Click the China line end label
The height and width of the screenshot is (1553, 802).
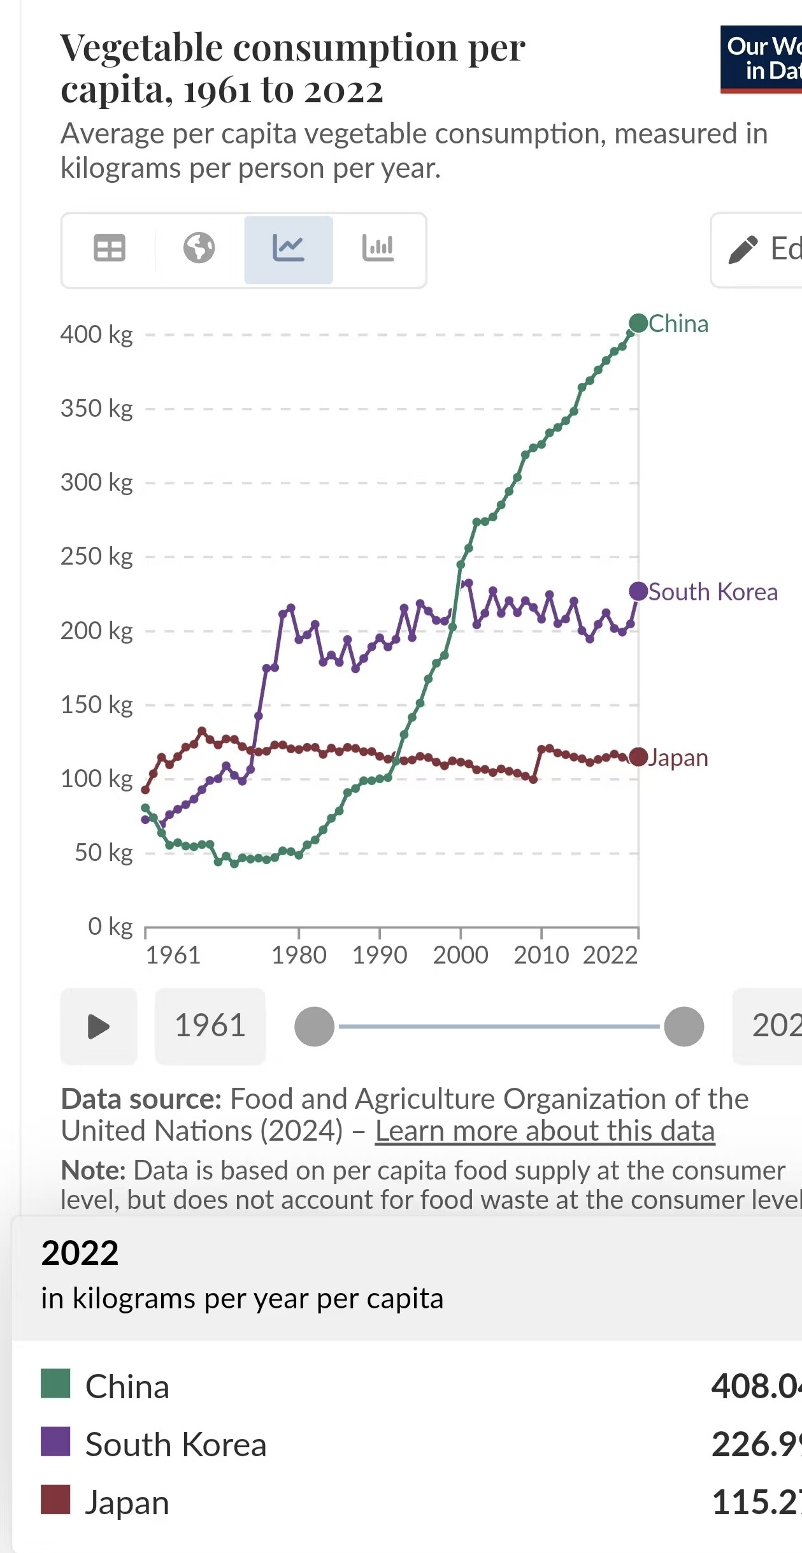[x=678, y=324]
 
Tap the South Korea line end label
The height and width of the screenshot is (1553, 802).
[x=712, y=592]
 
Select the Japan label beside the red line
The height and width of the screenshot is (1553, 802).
[x=678, y=758]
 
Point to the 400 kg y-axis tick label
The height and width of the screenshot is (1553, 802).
[x=97, y=335]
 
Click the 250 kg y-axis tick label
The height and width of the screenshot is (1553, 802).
[x=97, y=556]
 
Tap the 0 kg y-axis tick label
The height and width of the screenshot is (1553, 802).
[x=110, y=926]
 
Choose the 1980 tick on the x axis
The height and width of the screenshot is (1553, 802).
[x=299, y=955]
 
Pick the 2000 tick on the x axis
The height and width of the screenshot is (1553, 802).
[x=461, y=955]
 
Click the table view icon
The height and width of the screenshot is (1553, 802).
[x=110, y=249]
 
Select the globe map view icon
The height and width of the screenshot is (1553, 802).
[x=199, y=249]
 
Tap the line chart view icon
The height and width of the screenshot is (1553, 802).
[x=289, y=249]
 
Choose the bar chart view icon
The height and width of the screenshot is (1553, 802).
[x=378, y=249]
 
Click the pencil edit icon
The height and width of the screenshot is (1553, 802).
[x=743, y=249]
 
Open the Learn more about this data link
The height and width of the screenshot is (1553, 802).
[x=545, y=1131]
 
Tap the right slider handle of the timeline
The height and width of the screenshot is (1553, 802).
[x=684, y=1027]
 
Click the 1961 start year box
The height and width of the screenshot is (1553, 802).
[x=210, y=1026]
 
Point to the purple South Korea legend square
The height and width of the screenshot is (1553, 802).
[x=55, y=1441]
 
